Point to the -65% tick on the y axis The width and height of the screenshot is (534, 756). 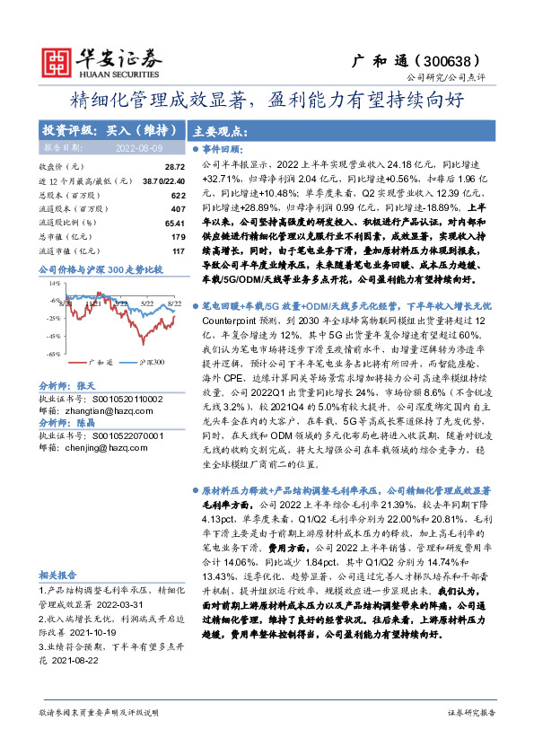pos(55,353)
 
